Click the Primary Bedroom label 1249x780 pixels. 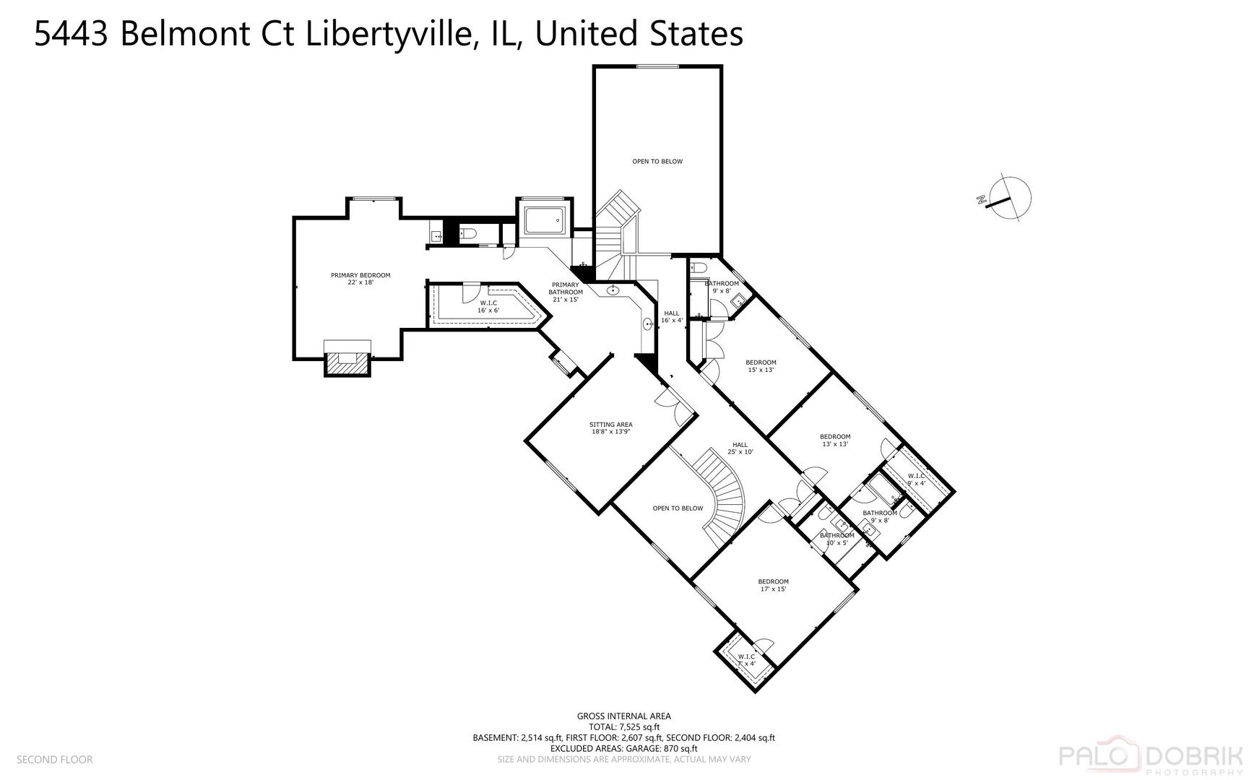click(x=360, y=279)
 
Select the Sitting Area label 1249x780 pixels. click(x=611, y=428)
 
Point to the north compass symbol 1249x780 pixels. click(x=1006, y=196)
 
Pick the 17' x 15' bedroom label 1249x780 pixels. click(x=773, y=585)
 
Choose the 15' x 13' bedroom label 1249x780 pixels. click(x=761, y=366)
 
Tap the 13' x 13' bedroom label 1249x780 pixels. click(x=835, y=440)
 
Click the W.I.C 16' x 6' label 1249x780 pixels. click(x=488, y=306)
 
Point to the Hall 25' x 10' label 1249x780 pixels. click(x=740, y=448)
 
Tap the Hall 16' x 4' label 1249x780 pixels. click(x=672, y=316)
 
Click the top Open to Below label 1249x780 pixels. click(x=657, y=161)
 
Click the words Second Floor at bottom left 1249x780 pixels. click(x=54, y=759)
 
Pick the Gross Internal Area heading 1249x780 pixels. click(x=623, y=716)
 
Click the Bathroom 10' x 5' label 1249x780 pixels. click(x=837, y=539)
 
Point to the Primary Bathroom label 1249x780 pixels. click(x=565, y=292)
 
